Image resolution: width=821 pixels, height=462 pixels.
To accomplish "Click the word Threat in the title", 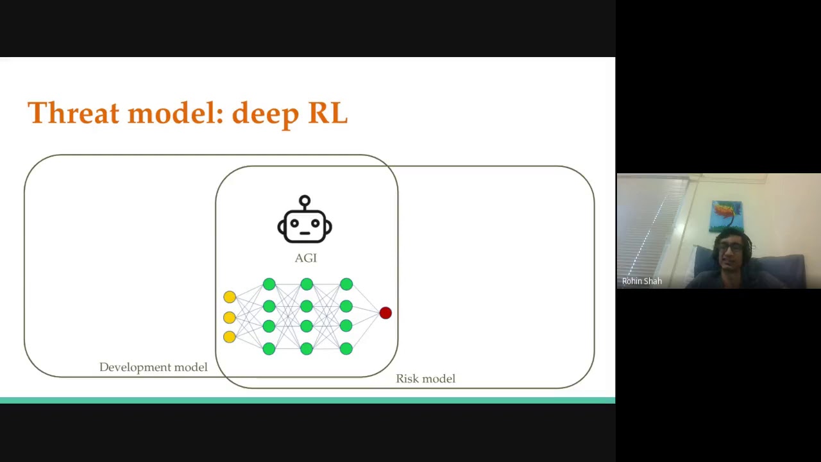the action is pos(73,112).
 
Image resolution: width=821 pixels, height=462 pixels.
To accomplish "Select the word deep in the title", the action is pos(266,114).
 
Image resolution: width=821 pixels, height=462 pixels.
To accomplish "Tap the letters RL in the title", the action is pos(328,112).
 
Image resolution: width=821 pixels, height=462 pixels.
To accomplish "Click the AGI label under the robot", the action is pos(306,258).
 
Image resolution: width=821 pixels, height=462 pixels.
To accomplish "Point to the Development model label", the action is pos(153,367).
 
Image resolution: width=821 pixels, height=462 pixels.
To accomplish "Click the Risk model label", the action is pos(425,379).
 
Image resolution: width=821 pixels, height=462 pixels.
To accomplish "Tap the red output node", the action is pos(385,312).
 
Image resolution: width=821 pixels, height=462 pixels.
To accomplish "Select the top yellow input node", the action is pos(230,297).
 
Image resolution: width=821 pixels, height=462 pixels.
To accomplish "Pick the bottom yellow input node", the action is pos(230,337).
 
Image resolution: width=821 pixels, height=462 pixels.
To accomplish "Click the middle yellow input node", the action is pos(230,317).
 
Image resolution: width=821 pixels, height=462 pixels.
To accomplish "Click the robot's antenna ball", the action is pos(305,201).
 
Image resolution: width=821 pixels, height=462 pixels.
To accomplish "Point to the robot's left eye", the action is pos(294,223).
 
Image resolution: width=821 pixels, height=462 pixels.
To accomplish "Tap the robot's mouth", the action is pos(305,233).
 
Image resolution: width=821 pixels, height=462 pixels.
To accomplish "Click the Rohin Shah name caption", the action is pos(642,281).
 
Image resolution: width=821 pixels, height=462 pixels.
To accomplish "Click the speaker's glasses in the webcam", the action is pos(731,248).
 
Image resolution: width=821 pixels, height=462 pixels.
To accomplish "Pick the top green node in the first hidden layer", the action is pos(269,284).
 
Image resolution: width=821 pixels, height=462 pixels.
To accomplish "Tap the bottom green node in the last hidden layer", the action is pos(346,348).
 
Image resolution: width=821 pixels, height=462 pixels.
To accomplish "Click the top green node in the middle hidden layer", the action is pos(307,284).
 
